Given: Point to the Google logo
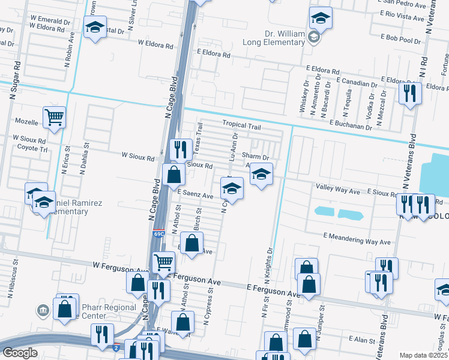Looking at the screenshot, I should [20, 353].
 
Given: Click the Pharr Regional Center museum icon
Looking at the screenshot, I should [43, 310].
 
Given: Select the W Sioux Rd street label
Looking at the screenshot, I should [137, 155].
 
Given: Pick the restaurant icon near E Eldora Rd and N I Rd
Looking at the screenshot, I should [410, 92].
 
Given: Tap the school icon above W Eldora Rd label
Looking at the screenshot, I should [95, 27].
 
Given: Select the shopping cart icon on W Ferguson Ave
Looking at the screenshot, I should [163, 262].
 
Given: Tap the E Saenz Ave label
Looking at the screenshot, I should [195, 196].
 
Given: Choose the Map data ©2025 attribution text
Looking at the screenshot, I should [424, 355].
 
